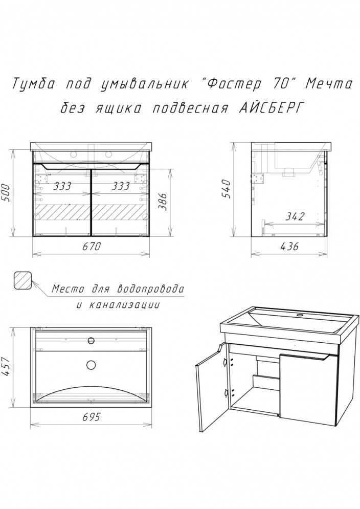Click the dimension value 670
(x=93, y=246)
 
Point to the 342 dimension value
(x=295, y=217)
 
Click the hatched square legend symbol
(x=23, y=280)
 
